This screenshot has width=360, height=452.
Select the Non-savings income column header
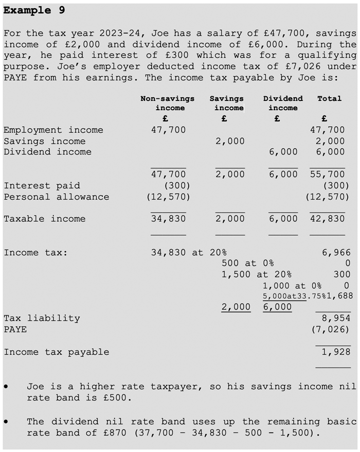click(168, 103)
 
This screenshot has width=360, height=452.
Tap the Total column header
click(329, 98)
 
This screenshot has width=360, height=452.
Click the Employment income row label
click(53, 130)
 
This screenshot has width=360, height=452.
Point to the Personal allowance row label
click(56, 197)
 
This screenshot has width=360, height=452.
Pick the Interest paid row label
click(42, 186)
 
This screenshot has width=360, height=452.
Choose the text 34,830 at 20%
click(189, 253)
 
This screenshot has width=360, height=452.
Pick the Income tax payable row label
click(56, 352)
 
